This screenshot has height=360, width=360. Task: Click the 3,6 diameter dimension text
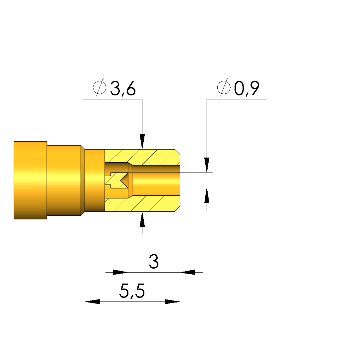[123, 88]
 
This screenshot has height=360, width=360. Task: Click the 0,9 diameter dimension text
[247, 88]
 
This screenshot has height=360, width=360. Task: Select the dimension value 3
[154, 261]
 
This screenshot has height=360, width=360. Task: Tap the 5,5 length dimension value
[132, 291]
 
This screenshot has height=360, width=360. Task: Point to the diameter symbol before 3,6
[99, 87]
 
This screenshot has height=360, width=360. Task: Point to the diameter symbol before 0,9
[224, 87]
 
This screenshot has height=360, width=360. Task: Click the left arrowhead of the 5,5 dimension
[92, 302]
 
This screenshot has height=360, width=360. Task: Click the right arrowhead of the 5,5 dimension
[172, 302]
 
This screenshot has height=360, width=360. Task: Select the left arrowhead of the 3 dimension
[120, 272]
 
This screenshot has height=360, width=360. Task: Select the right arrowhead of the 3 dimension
[187, 272]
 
